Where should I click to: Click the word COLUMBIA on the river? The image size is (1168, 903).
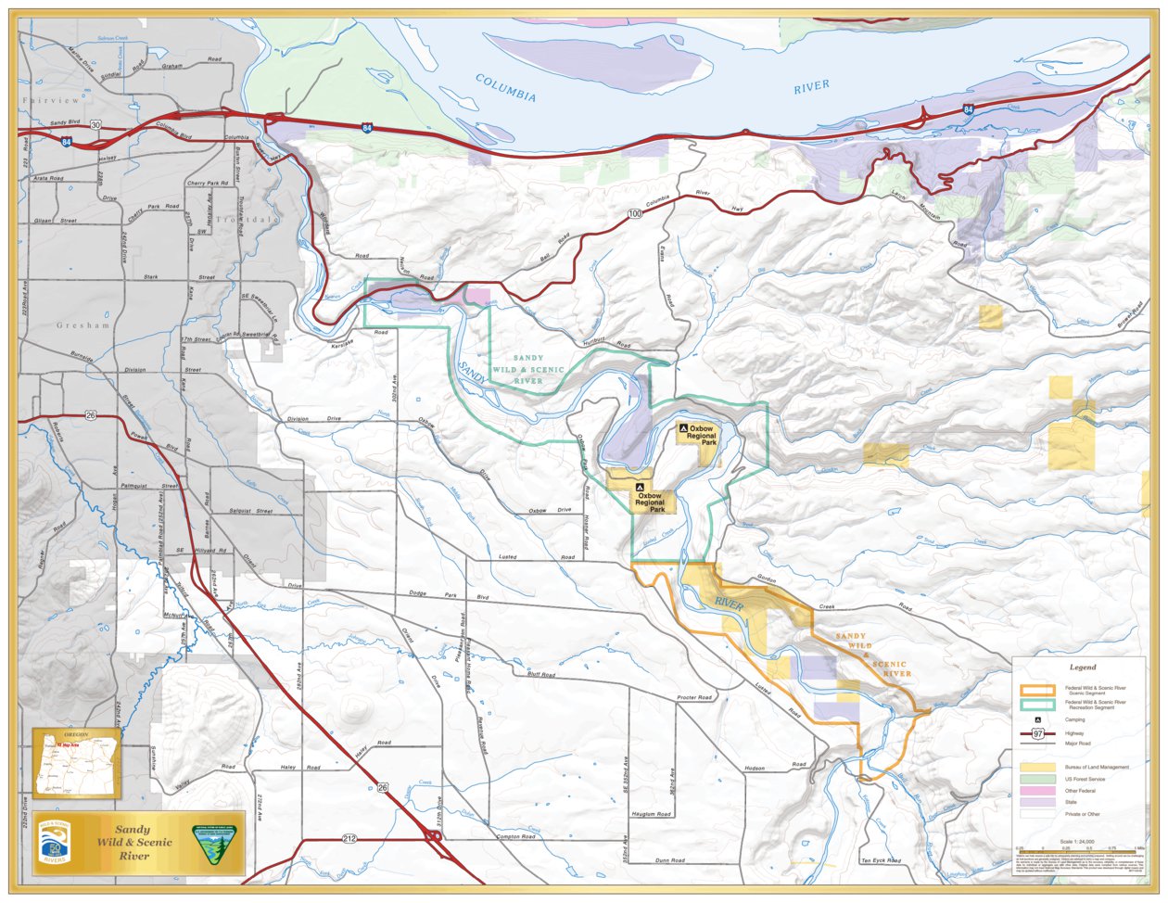click(506, 88)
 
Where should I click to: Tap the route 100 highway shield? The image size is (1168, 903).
click(634, 214)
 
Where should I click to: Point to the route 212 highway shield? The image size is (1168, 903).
click(349, 839)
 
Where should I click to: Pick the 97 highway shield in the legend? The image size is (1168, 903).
click(1038, 732)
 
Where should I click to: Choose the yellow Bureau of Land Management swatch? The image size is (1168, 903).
click(1037, 768)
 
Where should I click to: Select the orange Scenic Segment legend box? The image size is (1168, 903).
click(1037, 690)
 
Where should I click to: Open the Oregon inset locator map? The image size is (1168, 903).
click(77, 763)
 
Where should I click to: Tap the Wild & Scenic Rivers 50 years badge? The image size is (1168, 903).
click(55, 844)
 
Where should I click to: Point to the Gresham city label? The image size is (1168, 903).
click(83, 325)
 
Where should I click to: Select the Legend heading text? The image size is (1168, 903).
click(1082, 667)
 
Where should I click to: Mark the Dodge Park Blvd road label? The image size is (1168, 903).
click(449, 596)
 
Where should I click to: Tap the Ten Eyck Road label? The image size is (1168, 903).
click(880, 860)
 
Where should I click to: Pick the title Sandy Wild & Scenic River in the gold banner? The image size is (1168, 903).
click(134, 842)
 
